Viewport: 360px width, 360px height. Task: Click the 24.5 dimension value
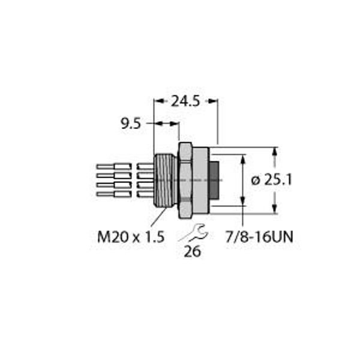coord(185,102)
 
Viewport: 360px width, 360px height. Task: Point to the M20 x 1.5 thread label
coord(130,237)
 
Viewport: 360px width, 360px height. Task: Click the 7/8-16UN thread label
coord(257,237)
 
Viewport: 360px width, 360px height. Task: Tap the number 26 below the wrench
coord(192,252)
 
